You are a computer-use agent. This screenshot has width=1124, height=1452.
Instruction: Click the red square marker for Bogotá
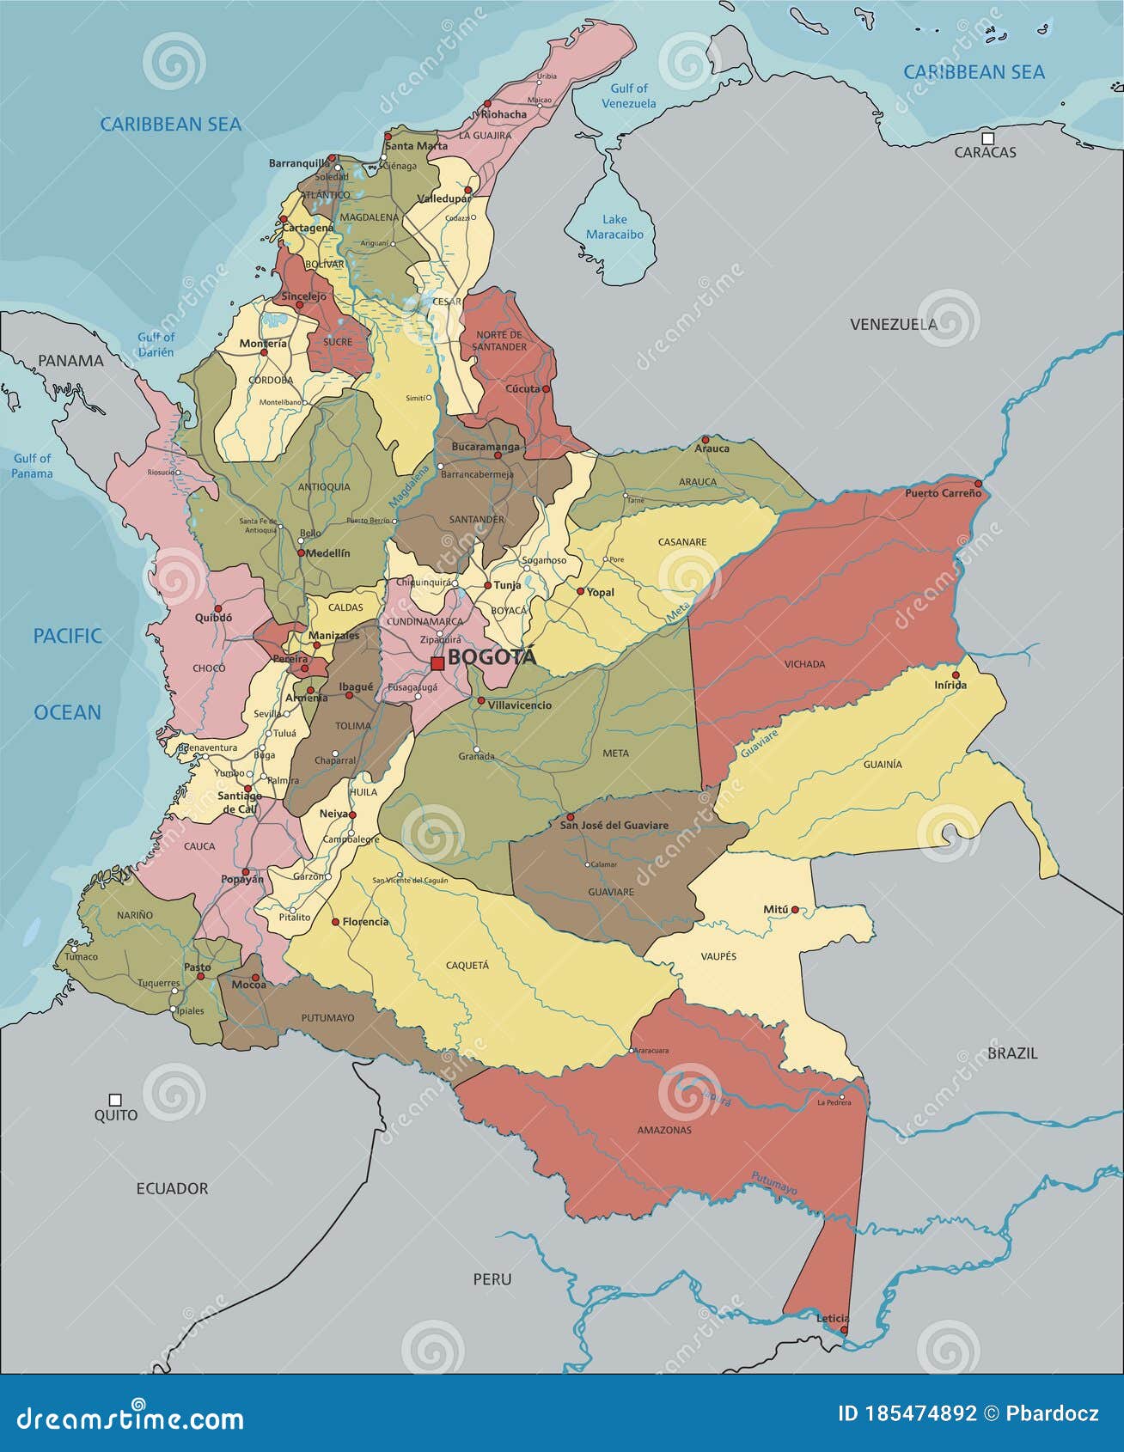tap(437, 663)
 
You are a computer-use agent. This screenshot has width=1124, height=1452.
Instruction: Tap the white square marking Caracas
tap(988, 138)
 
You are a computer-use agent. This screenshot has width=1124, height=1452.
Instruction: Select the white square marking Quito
tap(115, 1099)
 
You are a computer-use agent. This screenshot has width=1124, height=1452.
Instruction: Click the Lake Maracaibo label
tap(614, 227)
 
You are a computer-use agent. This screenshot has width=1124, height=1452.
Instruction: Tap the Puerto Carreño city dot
tap(977, 484)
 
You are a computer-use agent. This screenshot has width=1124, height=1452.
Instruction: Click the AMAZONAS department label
tap(663, 1130)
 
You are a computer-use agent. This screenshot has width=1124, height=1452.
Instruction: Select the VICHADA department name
tap(804, 664)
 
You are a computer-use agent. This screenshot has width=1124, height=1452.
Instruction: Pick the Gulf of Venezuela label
tap(628, 95)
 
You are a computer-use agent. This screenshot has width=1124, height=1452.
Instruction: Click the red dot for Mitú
tap(795, 909)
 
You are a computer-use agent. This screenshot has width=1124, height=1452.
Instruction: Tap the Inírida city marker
tap(956, 674)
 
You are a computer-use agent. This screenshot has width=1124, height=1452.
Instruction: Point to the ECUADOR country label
tap(172, 1188)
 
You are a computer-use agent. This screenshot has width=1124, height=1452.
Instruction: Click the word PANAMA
tap(70, 361)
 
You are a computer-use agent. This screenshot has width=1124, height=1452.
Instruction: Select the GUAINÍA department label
tap(883, 764)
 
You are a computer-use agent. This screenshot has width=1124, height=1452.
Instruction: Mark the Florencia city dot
tap(335, 922)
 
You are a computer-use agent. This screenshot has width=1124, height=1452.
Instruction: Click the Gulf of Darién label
tap(156, 345)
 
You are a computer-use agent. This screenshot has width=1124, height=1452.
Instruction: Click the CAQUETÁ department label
tap(467, 965)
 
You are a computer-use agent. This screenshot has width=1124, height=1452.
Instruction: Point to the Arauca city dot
tap(706, 439)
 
